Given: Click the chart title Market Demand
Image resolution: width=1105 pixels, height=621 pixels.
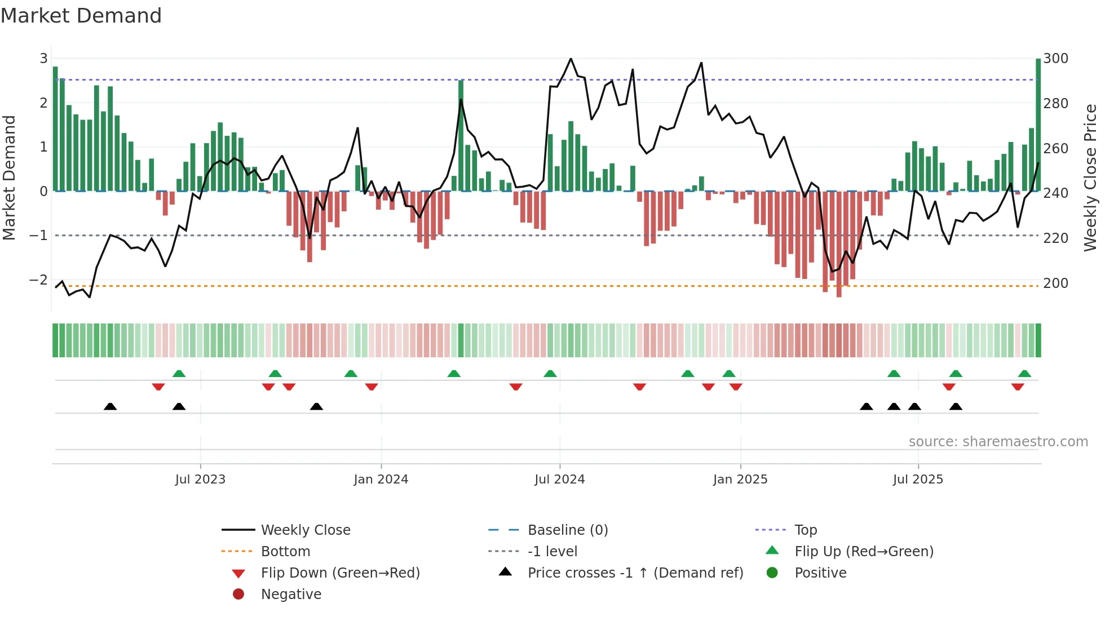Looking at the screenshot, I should click(x=81, y=16).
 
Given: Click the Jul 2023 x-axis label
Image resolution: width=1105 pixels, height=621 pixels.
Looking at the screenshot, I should click(x=200, y=480).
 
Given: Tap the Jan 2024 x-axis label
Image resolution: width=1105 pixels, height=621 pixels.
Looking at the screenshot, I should click(x=381, y=480).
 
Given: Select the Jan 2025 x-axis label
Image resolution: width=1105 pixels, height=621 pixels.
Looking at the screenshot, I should click(x=740, y=480).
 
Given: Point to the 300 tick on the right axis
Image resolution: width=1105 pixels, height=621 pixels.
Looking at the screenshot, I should click(x=1055, y=59).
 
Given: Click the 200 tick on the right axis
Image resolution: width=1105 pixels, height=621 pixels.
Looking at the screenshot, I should click(x=1055, y=283).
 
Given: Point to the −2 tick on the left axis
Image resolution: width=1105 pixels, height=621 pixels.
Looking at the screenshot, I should click(x=38, y=280).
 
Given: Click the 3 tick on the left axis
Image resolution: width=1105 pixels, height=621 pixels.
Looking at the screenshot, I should click(x=43, y=59).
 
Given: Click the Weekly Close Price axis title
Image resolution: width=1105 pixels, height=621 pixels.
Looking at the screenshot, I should click(x=1090, y=178).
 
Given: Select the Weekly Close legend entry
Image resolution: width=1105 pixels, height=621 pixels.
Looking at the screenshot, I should click(x=305, y=530).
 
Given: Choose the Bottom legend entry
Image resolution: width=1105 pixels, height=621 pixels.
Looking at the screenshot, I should click(x=285, y=552).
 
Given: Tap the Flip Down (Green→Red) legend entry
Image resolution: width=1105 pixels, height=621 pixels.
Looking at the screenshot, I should click(x=340, y=573).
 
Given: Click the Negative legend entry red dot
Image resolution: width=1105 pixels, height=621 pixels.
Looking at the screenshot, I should click(x=238, y=595).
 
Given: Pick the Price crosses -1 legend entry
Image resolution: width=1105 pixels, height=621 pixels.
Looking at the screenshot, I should click(x=635, y=573).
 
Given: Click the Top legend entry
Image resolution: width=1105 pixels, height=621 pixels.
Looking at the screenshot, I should click(x=805, y=530).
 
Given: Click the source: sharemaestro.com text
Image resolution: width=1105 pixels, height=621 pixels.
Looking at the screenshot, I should click(x=998, y=442).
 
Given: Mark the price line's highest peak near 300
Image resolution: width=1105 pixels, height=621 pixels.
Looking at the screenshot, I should click(x=571, y=59).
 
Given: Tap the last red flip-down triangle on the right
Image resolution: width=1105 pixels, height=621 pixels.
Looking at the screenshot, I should click(x=1018, y=387).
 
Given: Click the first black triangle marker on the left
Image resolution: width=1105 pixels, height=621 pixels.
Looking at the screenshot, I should click(x=111, y=406).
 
